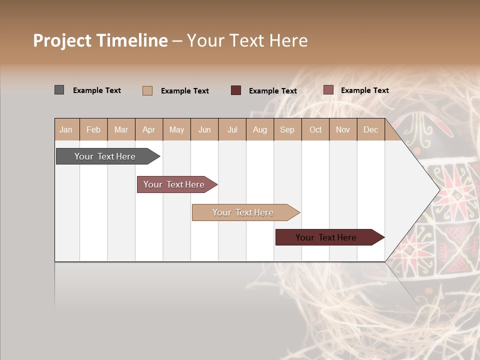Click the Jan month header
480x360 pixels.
[66, 129]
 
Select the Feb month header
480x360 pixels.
[93, 129]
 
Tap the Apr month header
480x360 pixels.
[148, 129]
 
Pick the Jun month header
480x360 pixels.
[204, 129]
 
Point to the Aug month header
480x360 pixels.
[259, 129]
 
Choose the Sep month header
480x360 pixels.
[287, 129]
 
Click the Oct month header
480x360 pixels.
[315, 129]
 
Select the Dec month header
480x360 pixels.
[370, 129]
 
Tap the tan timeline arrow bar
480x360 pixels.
[243, 212]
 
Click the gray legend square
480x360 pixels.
[59, 90]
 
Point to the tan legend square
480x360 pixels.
[147, 90]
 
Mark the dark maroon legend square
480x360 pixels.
[236, 90]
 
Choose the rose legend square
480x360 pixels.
[328, 90]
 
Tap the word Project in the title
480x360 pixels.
[62, 40]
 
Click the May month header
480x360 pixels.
[176, 129]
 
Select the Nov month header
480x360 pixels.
[343, 129]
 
